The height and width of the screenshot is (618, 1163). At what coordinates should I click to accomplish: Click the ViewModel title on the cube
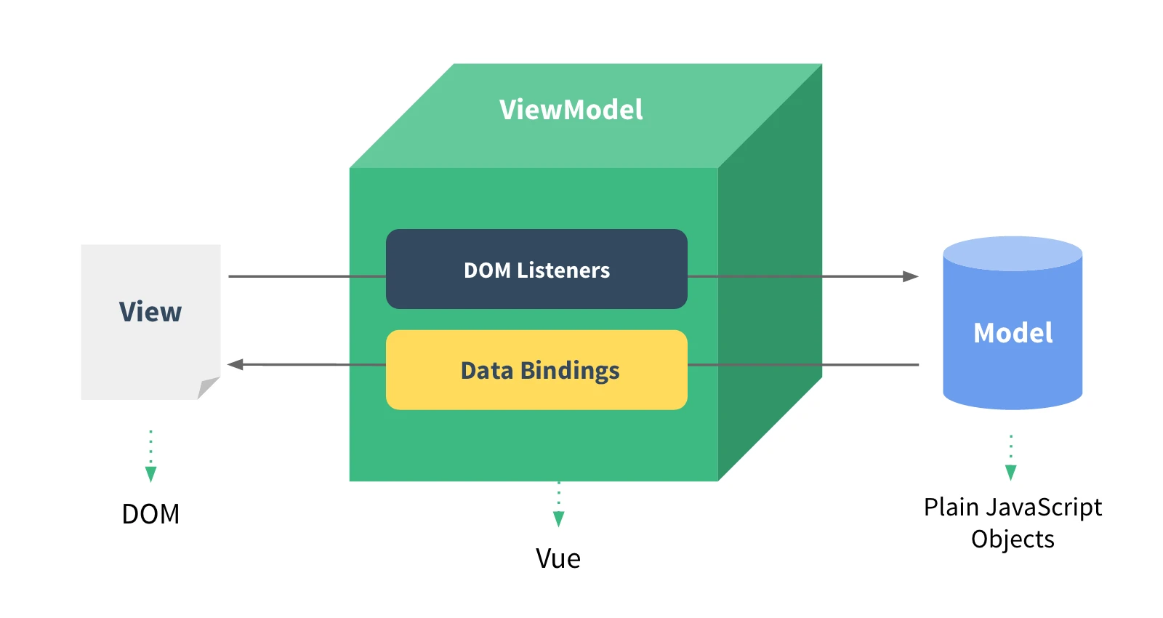pyautogui.click(x=571, y=110)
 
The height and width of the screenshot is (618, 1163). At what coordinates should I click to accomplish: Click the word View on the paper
pyautogui.click(x=150, y=312)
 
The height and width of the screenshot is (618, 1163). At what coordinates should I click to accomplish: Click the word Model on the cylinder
pyautogui.click(x=1013, y=333)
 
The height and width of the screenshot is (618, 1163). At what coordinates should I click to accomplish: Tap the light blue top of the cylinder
pyautogui.click(x=1013, y=253)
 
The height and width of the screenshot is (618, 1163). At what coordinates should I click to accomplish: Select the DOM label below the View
pyautogui.click(x=150, y=514)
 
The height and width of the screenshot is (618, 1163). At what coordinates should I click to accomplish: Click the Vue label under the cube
pyautogui.click(x=558, y=558)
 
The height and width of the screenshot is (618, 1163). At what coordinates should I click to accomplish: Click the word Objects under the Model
pyautogui.click(x=1013, y=539)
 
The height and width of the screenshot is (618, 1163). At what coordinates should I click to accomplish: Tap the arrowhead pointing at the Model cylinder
pyautogui.click(x=911, y=276)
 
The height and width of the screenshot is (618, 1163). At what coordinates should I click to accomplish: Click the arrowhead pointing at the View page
pyautogui.click(x=236, y=364)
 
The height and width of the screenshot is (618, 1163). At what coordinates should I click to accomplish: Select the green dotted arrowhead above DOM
pyautogui.click(x=150, y=474)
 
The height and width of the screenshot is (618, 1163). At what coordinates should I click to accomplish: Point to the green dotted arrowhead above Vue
pyautogui.click(x=558, y=518)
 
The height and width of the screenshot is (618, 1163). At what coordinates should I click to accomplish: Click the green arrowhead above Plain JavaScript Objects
pyautogui.click(x=1010, y=473)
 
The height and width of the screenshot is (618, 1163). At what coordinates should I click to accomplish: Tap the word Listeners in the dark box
pyautogui.click(x=563, y=270)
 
